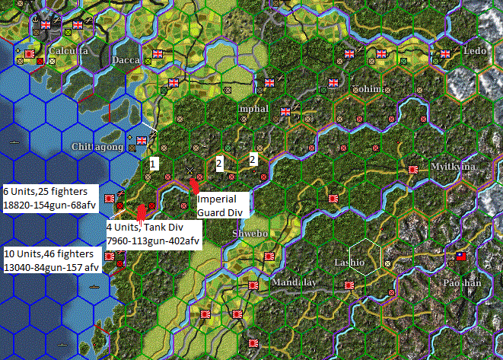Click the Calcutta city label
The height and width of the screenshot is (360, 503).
(68, 51)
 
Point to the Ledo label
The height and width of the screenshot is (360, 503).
(474, 50)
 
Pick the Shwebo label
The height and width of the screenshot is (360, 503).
(250, 233)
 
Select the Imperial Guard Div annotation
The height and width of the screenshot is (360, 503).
(221, 205)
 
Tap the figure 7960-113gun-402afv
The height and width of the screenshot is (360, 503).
(154, 242)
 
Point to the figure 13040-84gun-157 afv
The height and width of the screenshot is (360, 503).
(51, 266)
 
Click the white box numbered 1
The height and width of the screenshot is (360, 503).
(153, 163)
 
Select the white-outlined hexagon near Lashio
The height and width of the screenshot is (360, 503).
(365, 259)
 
